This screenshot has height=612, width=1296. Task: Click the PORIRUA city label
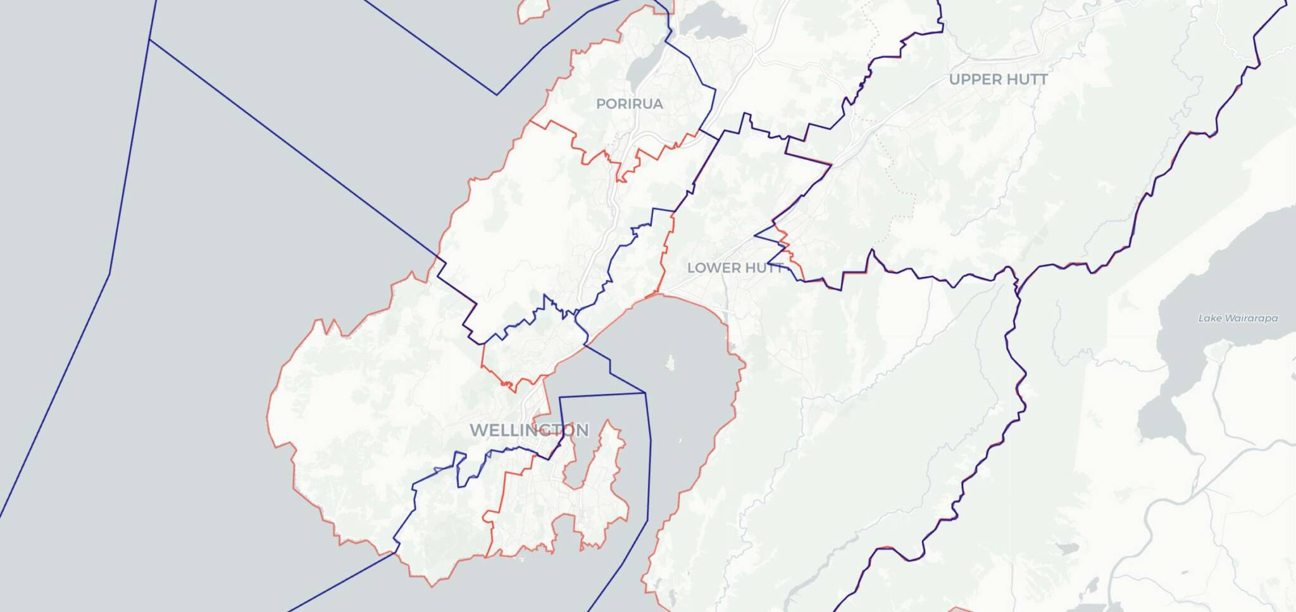click(x=629, y=104)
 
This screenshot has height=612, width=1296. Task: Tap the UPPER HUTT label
click(x=998, y=80)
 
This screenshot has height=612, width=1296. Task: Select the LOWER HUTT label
click(x=735, y=267)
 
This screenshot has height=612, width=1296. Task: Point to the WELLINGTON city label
click(x=529, y=431)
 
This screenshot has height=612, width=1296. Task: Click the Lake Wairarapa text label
click(x=1238, y=318)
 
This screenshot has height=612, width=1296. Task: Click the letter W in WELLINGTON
click(x=478, y=431)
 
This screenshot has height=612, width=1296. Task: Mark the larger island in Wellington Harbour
click(x=670, y=364)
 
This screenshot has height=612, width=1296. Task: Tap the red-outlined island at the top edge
click(x=533, y=9)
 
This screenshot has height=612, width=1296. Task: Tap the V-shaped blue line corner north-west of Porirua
click(x=497, y=95)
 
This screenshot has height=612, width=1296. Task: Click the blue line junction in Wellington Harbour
click(x=645, y=393)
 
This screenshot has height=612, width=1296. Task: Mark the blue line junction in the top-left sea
click(x=150, y=40)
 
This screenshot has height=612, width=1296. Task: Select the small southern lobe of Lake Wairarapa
click(x=1162, y=418)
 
